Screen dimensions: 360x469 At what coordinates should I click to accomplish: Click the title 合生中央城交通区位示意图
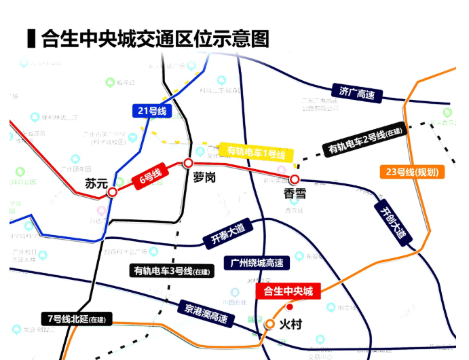pos(155,38)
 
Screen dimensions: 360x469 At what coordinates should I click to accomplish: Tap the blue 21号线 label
pos(153,110)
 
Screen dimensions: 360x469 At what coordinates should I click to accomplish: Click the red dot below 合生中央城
pos(290,306)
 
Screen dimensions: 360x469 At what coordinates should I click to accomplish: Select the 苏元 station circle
pos(113,192)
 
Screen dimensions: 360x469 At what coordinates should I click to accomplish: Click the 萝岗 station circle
pos(189,163)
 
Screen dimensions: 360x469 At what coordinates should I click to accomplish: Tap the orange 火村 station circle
pos(270,325)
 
